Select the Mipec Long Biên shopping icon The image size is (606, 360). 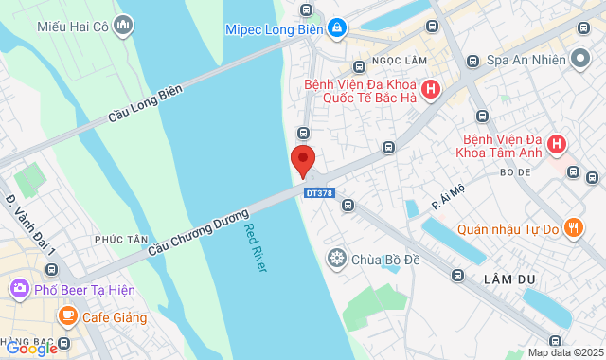tap(336, 29)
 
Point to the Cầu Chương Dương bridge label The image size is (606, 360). tap(196, 230)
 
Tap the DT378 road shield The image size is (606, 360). tap(319, 193)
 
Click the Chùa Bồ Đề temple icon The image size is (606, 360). tap(336, 258)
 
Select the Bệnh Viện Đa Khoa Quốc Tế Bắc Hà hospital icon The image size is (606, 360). tap(431, 91)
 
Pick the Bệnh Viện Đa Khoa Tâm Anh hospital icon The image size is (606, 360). tap(557, 144)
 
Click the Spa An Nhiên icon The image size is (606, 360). tap(582, 59)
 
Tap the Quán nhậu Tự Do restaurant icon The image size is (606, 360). tap(572, 227)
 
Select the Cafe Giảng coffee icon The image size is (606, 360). tap(66, 315)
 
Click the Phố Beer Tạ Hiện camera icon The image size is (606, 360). tap(19, 288)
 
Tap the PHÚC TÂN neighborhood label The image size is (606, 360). tap(117, 240)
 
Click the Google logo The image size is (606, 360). tap(31, 348)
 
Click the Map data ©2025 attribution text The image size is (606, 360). tap(564, 352)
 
